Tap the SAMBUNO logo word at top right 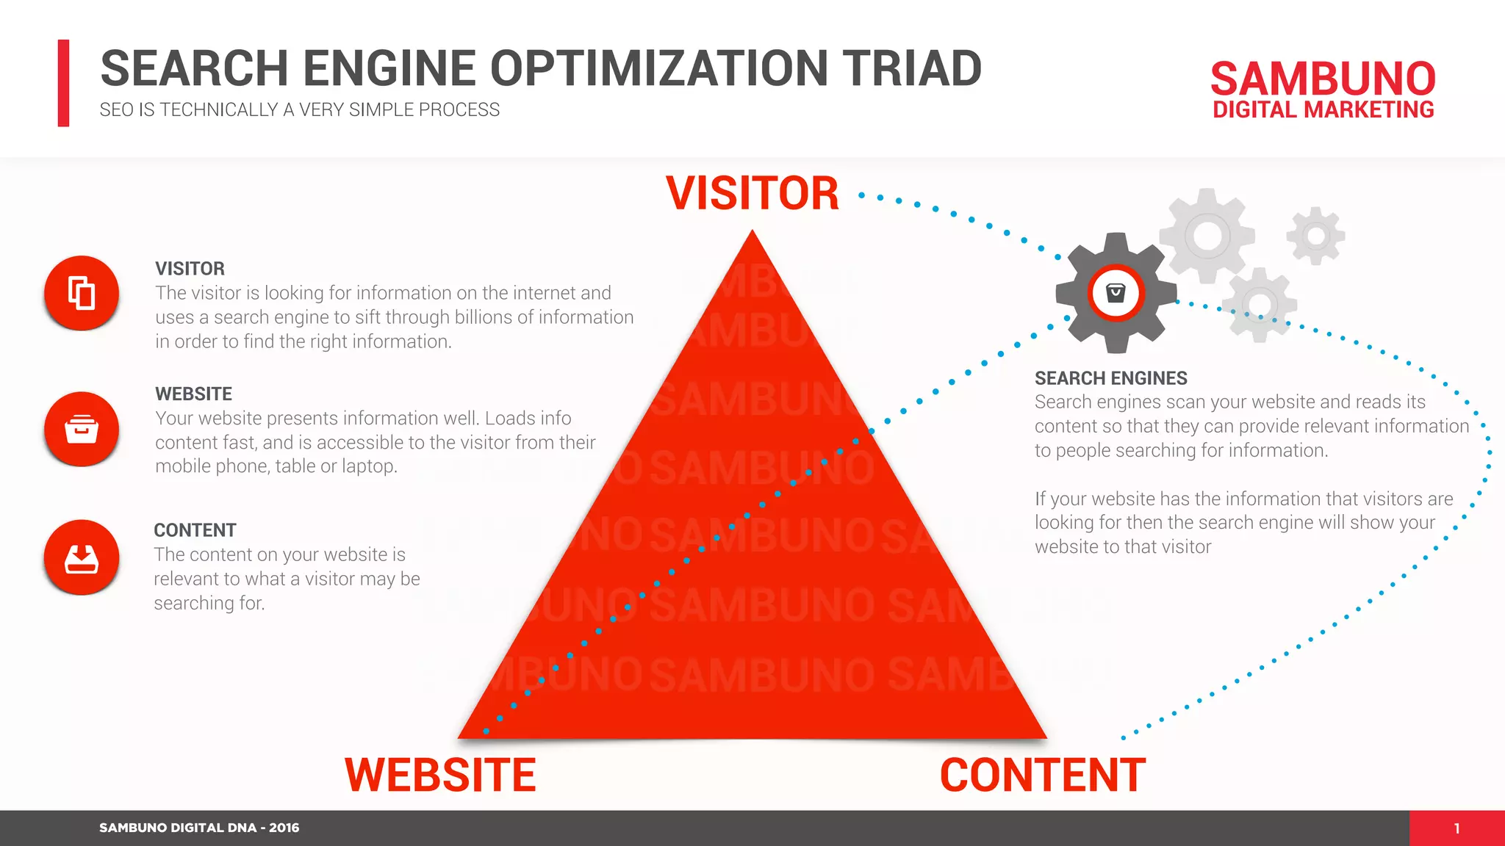[x=1323, y=79]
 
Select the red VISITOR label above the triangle [x=752, y=193]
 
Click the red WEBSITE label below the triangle [x=440, y=775]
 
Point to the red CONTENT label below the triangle [x=1042, y=775]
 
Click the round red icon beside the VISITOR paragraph [x=82, y=293]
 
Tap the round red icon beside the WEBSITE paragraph [x=82, y=429]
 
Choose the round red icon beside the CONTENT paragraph [x=82, y=557]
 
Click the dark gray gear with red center [x=1116, y=293]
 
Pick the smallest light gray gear [x=1315, y=236]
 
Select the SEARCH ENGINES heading [x=1110, y=378]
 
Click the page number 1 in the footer [x=1456, y=828]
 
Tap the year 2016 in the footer [x=284, y=828]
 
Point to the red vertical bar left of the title [x=64, y=83]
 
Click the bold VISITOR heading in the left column [x=190, y=269]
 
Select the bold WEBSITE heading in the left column [x=193, y=394]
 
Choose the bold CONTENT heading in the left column [x=195, y=530]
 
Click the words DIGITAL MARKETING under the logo [x=1323, y=110]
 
